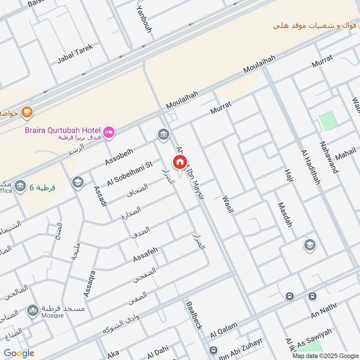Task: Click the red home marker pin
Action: pos(180,162)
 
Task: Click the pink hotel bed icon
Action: pos(109,132)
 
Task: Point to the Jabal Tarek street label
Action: pos(75,54)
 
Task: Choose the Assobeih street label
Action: pos(119,155)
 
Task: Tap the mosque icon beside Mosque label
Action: pos(32,310)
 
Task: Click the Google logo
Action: pos(19,353)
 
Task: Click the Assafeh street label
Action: pos(145,255)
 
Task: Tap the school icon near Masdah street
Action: pos(310,245)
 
